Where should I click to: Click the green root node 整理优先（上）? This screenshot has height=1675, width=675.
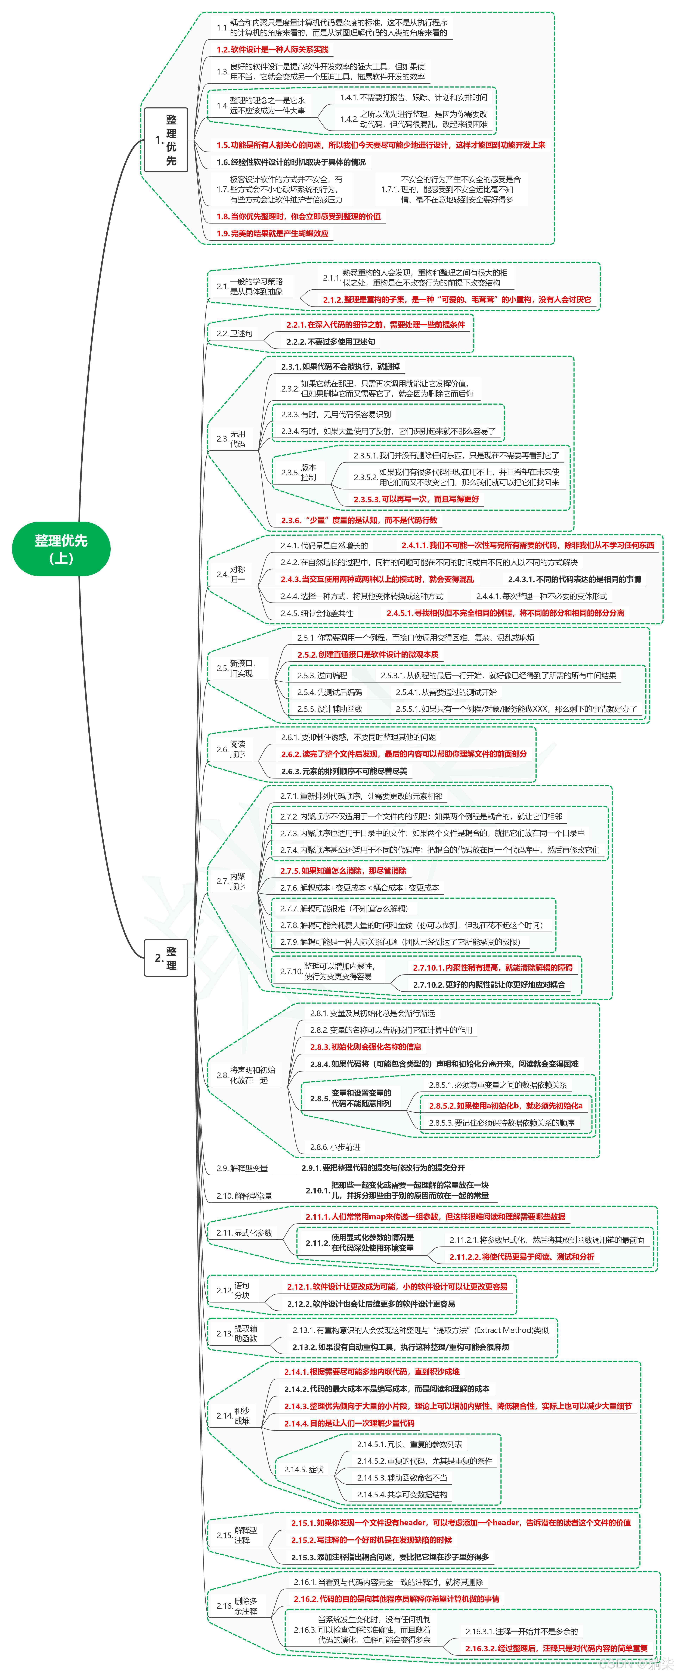coord(61,548)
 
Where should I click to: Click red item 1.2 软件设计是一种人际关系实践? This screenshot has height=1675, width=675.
coord(273,49)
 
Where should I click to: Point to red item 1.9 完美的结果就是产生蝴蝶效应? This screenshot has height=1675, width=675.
coord(273,233)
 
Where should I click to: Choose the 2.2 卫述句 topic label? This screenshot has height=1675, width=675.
coord(234,334)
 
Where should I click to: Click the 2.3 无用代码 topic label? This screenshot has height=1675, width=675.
coord(231,439)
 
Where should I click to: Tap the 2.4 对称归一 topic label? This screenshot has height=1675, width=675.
coord(231,574)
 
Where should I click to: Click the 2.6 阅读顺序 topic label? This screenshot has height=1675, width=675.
coord(231,749)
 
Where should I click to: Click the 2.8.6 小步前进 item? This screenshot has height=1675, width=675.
coord(335,1147)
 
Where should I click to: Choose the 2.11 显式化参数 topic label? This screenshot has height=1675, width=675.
coord(244,1233)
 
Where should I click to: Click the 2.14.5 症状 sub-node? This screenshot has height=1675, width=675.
coord(304,1469)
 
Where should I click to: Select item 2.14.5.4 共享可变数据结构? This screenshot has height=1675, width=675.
coord(402,1494)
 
